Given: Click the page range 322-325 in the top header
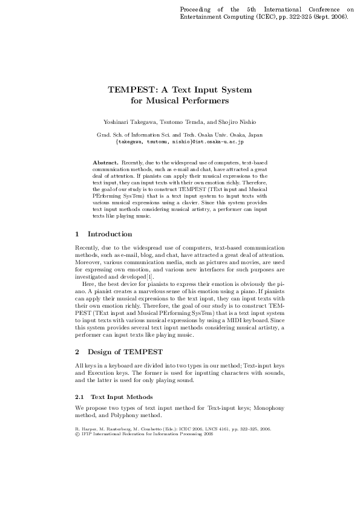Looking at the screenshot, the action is [x=292, y=18].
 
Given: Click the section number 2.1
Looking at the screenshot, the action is [x=79, y=397].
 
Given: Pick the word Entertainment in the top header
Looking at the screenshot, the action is [x=201, y=18].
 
